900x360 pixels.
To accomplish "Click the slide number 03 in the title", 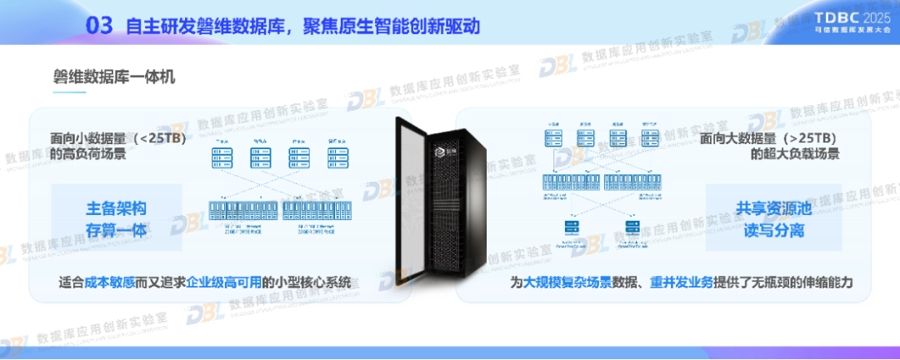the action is [99, 26].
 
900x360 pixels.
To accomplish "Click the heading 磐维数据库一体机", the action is [114, 77].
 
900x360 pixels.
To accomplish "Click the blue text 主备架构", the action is [122, 208].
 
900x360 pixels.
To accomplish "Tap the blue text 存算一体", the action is [122, 230].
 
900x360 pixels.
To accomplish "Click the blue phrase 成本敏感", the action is [112, 282].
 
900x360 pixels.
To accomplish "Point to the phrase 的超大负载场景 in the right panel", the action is [795, 153].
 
